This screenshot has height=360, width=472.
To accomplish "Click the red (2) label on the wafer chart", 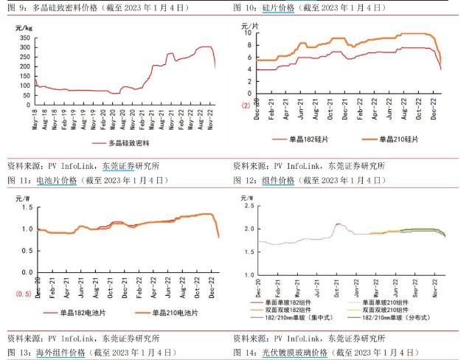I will [x=245, y=105].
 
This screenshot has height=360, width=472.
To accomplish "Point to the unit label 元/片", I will [x=251, y=26].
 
